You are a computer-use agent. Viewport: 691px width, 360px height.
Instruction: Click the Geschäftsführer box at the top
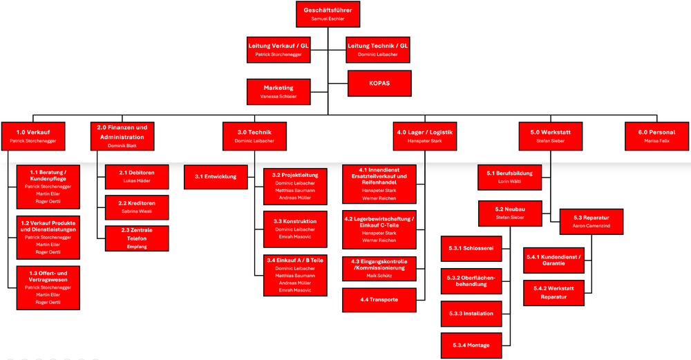(328, 14)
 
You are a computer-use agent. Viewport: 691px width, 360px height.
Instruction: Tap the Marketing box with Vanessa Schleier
(278, 92)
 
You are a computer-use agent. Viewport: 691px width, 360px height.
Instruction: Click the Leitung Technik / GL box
(378, 49)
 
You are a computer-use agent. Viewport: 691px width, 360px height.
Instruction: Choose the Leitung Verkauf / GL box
(278, 49)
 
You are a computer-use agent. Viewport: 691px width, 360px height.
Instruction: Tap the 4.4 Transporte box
(379, 299)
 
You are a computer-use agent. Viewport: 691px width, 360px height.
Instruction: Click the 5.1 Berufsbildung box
(509, 177)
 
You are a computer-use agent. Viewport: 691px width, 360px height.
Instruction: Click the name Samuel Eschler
(328, 19)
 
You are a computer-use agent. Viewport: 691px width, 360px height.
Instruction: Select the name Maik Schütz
(379, 276)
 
